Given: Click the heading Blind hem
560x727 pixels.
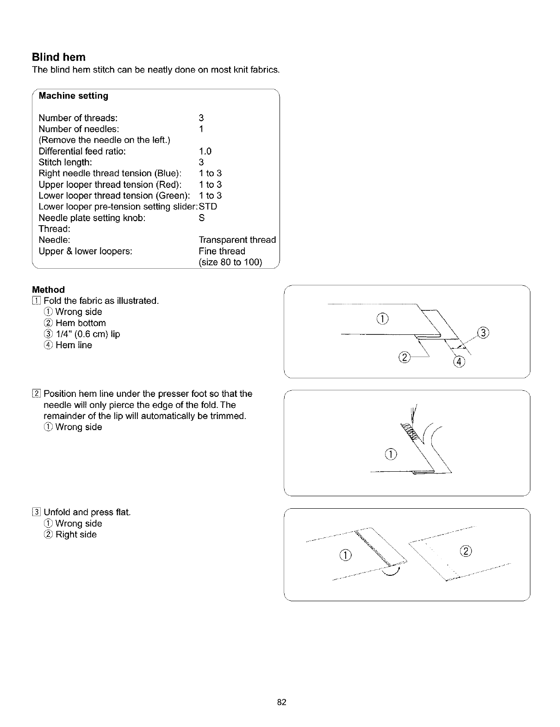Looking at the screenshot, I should (x=59, y=57).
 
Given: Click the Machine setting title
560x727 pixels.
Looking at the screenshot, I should (x=73, y=96).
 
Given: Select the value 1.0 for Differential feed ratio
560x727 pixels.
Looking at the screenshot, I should (x=205, y=151).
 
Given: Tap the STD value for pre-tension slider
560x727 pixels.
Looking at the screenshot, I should (x=208, y=207).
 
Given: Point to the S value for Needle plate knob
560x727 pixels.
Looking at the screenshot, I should (x=201, y=218).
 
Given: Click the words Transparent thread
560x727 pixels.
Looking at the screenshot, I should (x=237, y=240).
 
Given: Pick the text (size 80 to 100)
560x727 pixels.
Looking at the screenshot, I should (x=230, y=263).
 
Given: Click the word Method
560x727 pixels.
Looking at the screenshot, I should (x=48, y=290).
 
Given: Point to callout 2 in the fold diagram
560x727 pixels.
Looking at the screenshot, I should (x=404, y=357).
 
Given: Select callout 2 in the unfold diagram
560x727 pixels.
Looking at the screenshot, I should (x=466, y=551).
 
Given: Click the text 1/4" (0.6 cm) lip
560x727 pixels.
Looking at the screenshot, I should (x=87, y=334).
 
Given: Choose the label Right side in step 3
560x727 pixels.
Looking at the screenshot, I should (x=76, y=535).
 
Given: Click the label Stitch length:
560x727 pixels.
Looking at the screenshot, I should (x=65, y=162).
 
